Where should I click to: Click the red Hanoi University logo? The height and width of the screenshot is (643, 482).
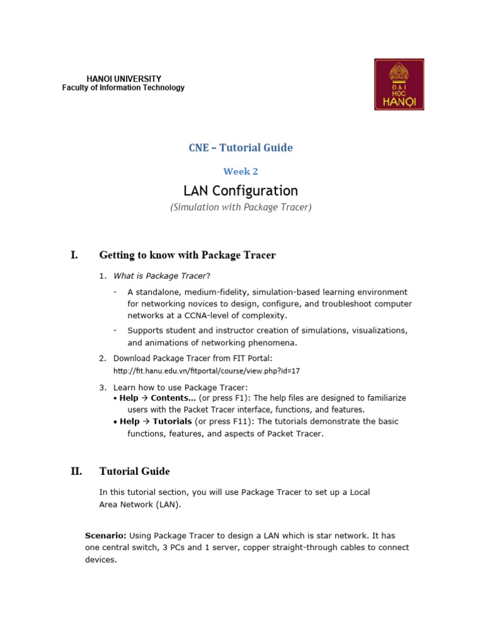(x=399, y=85)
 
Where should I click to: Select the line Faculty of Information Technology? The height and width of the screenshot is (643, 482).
(x=123, y=88)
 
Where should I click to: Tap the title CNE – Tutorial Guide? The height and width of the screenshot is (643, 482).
(x=241, y=148)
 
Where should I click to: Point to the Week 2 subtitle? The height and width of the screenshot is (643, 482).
(x=241, y=171)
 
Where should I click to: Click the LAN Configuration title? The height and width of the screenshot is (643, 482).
(x=240, y=190)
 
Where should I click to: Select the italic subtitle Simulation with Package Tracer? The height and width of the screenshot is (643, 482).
(x=241, y=207)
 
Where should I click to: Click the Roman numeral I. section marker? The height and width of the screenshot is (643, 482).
(x=74, y=255)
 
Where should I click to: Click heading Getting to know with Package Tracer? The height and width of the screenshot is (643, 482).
(x=188, y=255)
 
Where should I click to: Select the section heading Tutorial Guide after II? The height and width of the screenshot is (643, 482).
(x=134, y=472)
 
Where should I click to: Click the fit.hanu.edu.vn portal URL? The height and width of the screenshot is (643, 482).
(x=206, y=371)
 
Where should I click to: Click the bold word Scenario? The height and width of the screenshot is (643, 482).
(x=105, y=536)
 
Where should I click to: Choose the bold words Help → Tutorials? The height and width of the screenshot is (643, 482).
(x=156, y=421)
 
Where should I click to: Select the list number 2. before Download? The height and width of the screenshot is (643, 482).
(x=102, y=358)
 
